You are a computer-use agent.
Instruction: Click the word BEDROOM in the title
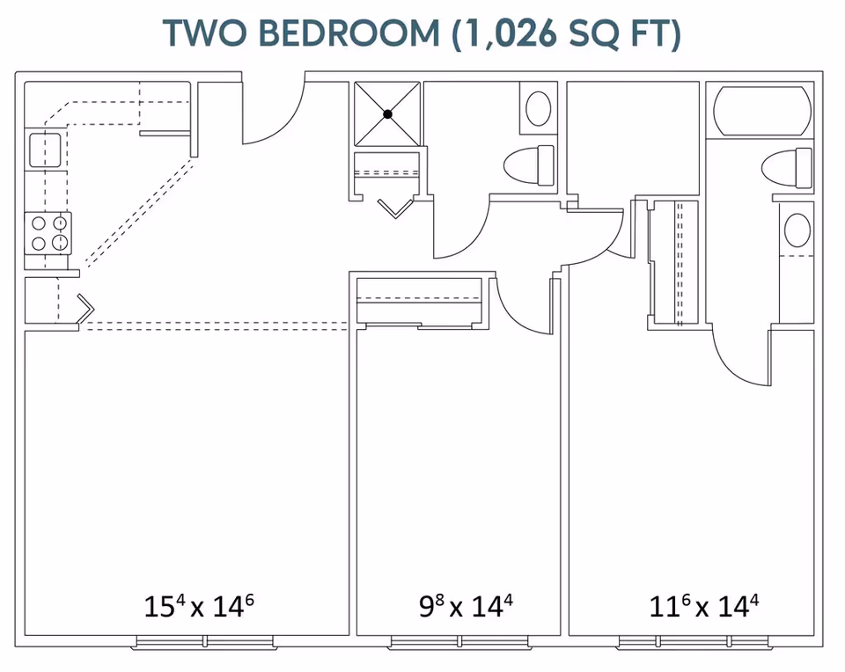[x=350, y=33]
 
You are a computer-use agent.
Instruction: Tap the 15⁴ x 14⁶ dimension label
[x=199, y=605]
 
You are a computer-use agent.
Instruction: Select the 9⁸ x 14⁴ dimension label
[x=467, y=605]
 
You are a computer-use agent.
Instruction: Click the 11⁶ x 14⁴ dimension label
[x=704, y=605]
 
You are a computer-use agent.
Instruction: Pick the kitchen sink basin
[x=45, y=150]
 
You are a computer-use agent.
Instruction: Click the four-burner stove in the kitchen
[x=48, y=233]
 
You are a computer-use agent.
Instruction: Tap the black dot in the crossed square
[x=387, y=114]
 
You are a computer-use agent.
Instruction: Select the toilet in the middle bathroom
[x=529, y=165]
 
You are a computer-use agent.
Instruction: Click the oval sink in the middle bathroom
[x=538, y=108]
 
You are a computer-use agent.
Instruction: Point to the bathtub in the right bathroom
[x=762, y=110]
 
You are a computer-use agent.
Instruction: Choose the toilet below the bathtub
[x=787, y=167]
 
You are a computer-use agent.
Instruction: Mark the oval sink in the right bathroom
[x=797, y=230]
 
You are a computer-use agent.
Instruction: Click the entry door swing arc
[x=289, y=127]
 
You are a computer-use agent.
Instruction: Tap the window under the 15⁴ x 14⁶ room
[x=205, y=642]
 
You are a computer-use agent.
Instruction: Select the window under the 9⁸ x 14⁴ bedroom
[x=459, y=642]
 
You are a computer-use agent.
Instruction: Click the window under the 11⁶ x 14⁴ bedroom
[x=694, y=642]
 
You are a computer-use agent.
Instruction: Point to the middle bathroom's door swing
[x=474, y=239]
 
